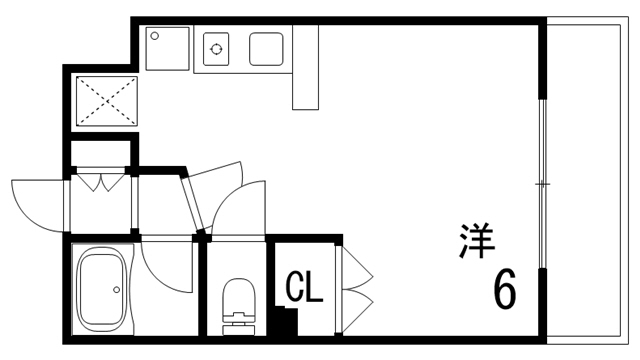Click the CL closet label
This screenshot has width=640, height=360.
tap(305, 289)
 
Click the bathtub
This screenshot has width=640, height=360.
tap(103, 288)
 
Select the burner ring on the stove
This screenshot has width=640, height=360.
tap(217, 46)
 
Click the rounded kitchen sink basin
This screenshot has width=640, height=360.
tap(266, 47)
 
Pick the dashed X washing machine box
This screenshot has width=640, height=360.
tap(106, 98)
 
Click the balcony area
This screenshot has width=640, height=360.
tap(590, 180)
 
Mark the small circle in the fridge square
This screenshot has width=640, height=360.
tap(155, 36)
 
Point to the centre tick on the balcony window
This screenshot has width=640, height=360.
tap(541, 185)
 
